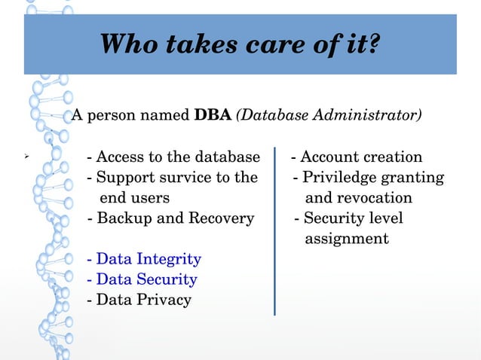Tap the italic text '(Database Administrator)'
(329, 116)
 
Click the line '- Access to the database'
(173, 157)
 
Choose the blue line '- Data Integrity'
(144, 259)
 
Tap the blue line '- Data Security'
(142, 279)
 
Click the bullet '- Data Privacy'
(139, 300)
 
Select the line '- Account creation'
(357, 157)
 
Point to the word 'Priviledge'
(339, 178)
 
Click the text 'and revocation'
(358, 198)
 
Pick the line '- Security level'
(348, 218)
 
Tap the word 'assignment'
(347, 239)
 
